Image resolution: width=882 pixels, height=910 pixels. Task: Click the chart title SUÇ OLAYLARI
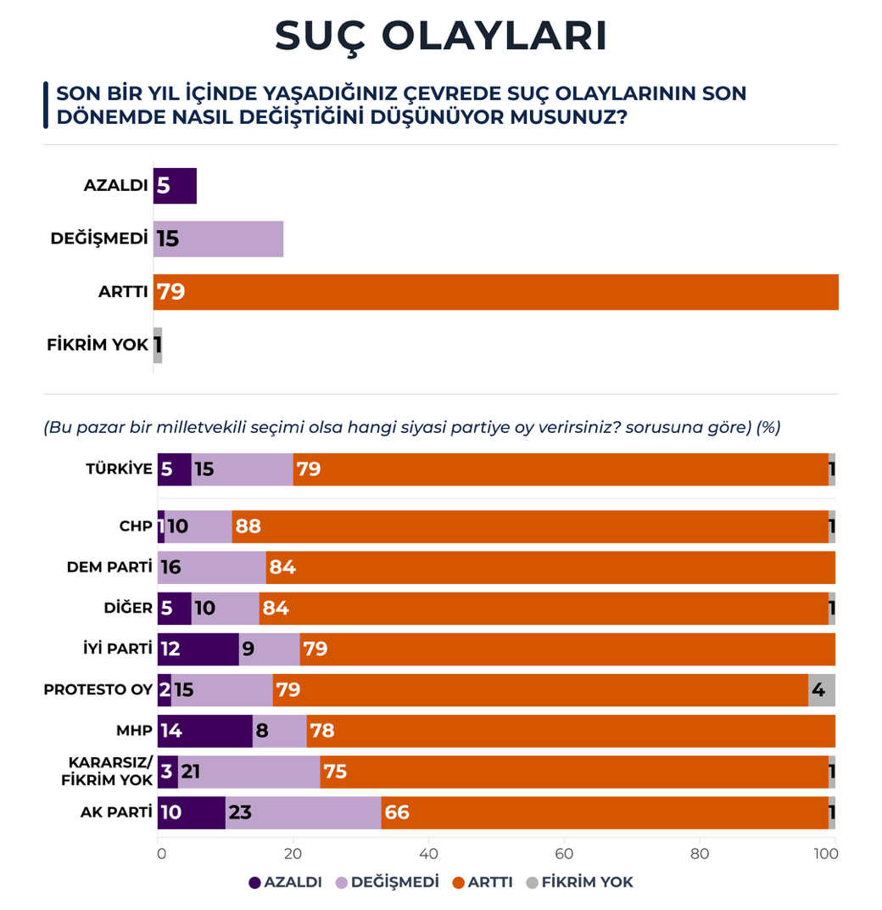tap(441, 36)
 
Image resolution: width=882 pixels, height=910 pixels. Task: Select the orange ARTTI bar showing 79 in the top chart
tap(496, 292)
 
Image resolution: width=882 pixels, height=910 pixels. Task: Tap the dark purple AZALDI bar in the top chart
tap(175, 186)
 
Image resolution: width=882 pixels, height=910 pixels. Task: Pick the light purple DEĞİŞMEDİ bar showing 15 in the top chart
tap(218, 239)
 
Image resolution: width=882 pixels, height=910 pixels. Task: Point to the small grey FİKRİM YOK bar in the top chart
tap(158, 345)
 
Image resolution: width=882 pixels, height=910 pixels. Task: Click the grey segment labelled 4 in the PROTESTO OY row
tap(821, 689)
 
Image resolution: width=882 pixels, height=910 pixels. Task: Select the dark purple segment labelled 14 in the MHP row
tap(204, 730)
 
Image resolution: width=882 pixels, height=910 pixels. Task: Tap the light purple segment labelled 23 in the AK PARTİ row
tap(303, 812)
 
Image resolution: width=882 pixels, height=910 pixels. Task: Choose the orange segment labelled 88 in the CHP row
tap(530, 526)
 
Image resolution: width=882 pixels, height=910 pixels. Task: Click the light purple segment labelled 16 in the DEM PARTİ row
tap(212, 567)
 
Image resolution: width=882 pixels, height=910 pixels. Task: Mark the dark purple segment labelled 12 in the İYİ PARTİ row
tap(198, 649)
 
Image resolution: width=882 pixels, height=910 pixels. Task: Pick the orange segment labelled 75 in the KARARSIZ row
tap(574, 772)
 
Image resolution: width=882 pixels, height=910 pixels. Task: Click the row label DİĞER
tap(130, 608)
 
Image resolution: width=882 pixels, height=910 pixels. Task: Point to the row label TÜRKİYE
tap(119, 469)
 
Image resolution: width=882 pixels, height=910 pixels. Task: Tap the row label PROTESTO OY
tap(98, 689)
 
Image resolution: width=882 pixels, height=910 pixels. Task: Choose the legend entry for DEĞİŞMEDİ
tap(388, 882)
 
